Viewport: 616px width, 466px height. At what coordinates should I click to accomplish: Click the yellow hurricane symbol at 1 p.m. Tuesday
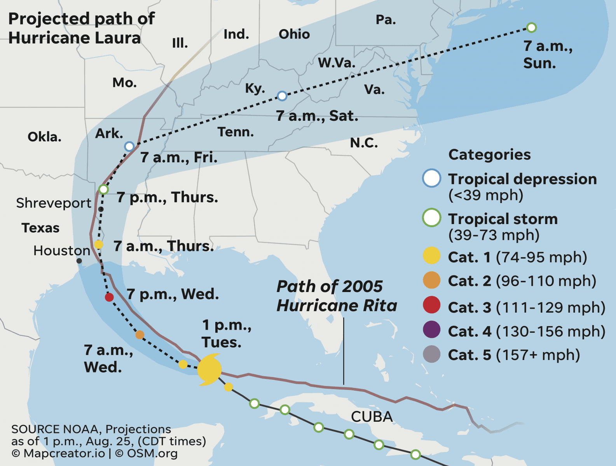pyautogui.click(x=209, y=369)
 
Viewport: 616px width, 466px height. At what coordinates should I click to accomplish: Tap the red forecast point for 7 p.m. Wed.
pyautogui.click(x=109, y=297)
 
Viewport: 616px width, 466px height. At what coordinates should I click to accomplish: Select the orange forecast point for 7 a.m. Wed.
pyautogui.click(x=140, y=335)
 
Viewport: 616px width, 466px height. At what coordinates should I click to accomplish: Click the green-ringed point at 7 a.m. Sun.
pyautogui.click(x=531, y=28)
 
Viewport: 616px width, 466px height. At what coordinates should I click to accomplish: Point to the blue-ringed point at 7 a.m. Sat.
pyautogui.click(x=282, y=96)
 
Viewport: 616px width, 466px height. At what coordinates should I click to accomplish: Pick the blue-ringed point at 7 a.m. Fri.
pyautogui.click(x=129, y=146)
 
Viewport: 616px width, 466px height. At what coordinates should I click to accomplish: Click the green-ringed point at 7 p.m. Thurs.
pyautogui.click(x=103, y=190)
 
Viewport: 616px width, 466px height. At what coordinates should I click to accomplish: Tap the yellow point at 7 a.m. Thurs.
pyautogui.click(x=99, y=244)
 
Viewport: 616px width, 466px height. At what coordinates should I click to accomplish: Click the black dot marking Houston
pyautogui.click(x=79, y=261)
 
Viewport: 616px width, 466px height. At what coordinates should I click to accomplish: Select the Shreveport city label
pyautogui.click(x=54, y=203)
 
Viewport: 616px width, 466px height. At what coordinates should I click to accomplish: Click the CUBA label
pyautogui.click(x=372, y=417)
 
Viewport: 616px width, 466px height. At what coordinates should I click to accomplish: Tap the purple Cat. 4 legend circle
pyautogui.click(x=431, y=330)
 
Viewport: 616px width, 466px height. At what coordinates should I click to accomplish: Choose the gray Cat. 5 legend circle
pyautogui.click(x=431, y=354)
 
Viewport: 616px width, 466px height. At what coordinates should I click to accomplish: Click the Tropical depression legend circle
pyautogui.click(x=431, y=178)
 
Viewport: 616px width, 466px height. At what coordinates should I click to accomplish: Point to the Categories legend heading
pyautogui.click(x=489, y=155)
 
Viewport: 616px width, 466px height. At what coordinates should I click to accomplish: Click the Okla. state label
pyautogui.click(x=44, y=137)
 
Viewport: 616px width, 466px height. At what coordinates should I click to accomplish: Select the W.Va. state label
pyautogui.click(x=337, y=63)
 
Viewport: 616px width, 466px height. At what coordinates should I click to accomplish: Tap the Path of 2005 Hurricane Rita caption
pyautogui.click(x=337, y=296)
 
